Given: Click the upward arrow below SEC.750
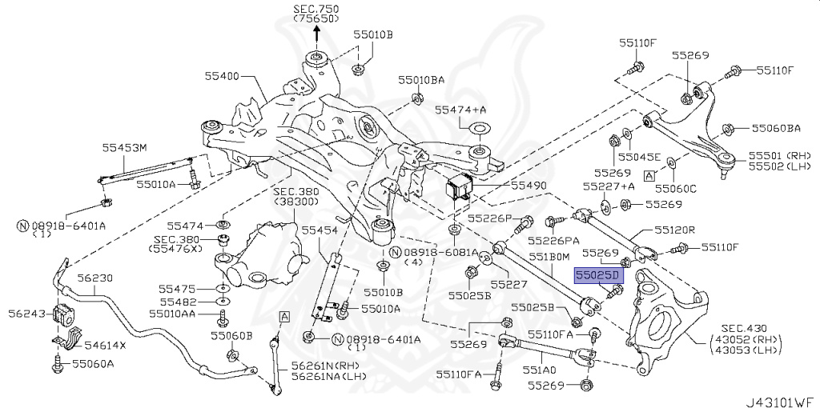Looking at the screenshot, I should pos(316,33).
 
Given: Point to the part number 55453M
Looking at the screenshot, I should pos(124,147).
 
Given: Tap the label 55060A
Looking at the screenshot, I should pos(93,363).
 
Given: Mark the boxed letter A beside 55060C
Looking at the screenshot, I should pos(649,174).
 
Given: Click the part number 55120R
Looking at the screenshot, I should pos(674,229).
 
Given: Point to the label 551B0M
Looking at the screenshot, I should pos(549,257).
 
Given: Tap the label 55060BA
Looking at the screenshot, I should pos(776,128).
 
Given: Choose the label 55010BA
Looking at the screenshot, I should pos(422,81).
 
